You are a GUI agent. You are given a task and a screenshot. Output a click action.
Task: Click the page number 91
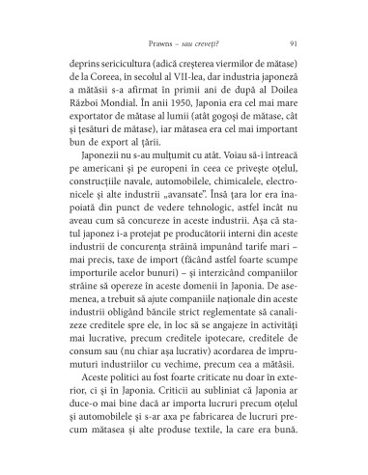click(x=292, y=44)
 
